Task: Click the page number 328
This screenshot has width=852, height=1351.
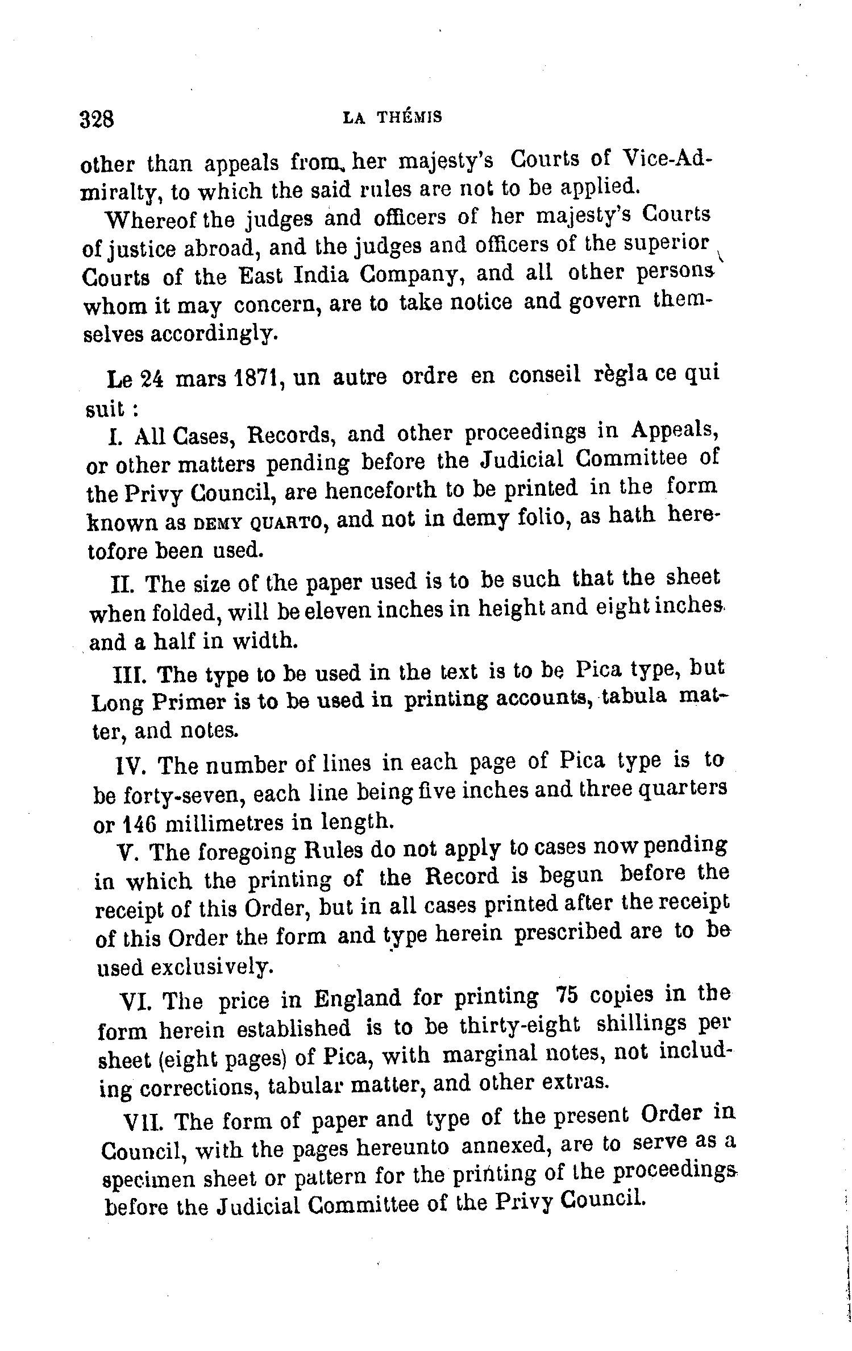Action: (97, 120)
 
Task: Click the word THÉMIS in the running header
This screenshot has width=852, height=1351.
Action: (410, 117)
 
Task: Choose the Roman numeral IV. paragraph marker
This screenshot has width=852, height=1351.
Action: (131, 765)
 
